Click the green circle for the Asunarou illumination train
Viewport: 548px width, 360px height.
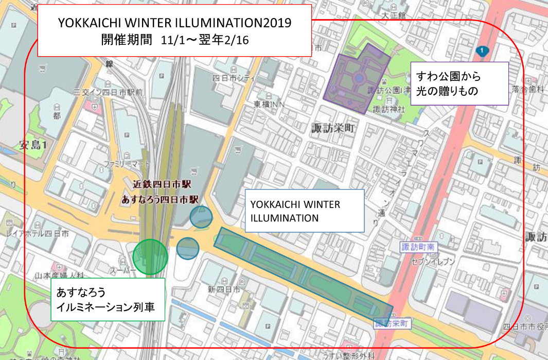150,256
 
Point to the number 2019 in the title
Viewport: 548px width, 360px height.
277,23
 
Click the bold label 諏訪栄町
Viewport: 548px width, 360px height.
333,129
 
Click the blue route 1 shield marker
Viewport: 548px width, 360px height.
482,50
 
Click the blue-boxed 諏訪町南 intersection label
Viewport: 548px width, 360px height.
418,248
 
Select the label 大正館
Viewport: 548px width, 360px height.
394,16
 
